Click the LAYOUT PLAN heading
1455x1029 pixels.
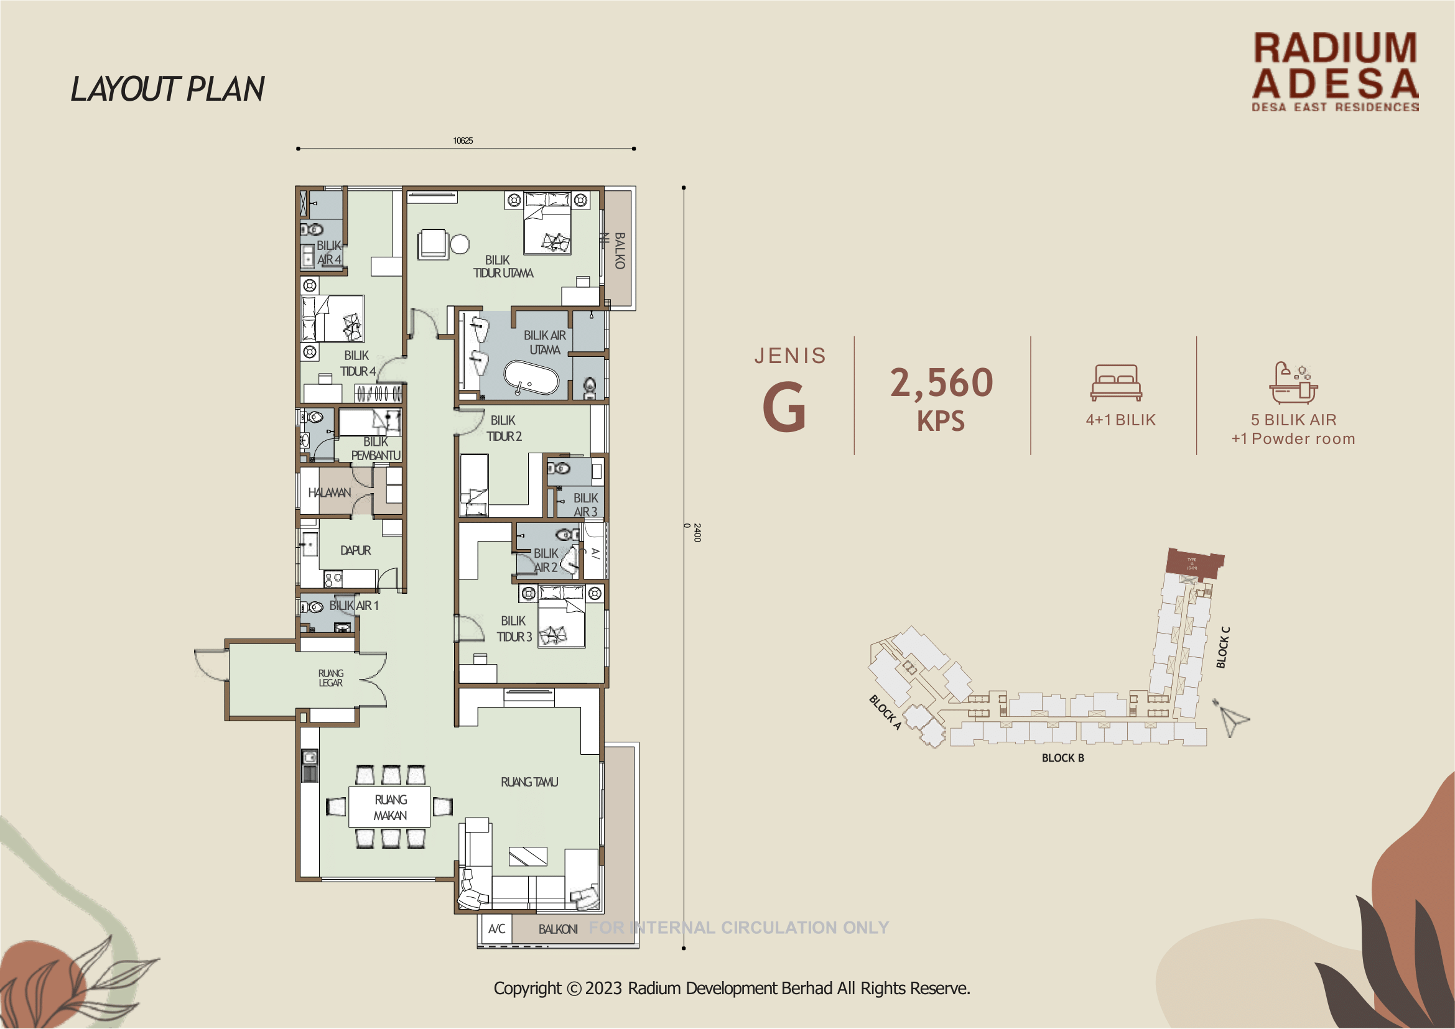coord(167,89)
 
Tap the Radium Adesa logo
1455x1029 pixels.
coord(1335,72)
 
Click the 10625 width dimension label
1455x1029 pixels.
coord(463,141)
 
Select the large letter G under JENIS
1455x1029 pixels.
coord(784,407)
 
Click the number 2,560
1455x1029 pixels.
coord(941,383)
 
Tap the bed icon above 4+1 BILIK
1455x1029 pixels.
coord(1117,383)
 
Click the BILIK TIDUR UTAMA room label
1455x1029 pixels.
coord(503,267)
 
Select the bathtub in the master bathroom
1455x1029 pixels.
coord(531,378)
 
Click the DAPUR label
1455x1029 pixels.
coord(355,551)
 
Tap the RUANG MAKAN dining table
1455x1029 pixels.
coord(389,807)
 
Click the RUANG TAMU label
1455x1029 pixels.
coord(529,782)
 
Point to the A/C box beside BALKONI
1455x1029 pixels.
coord(496,929)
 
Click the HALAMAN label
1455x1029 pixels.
coord(329,492)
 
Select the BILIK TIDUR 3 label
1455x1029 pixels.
coord(514,629)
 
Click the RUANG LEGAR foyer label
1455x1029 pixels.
coord(330,678)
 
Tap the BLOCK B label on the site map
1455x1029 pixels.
coord(1062,758)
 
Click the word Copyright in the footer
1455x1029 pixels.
coord(528,989)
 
